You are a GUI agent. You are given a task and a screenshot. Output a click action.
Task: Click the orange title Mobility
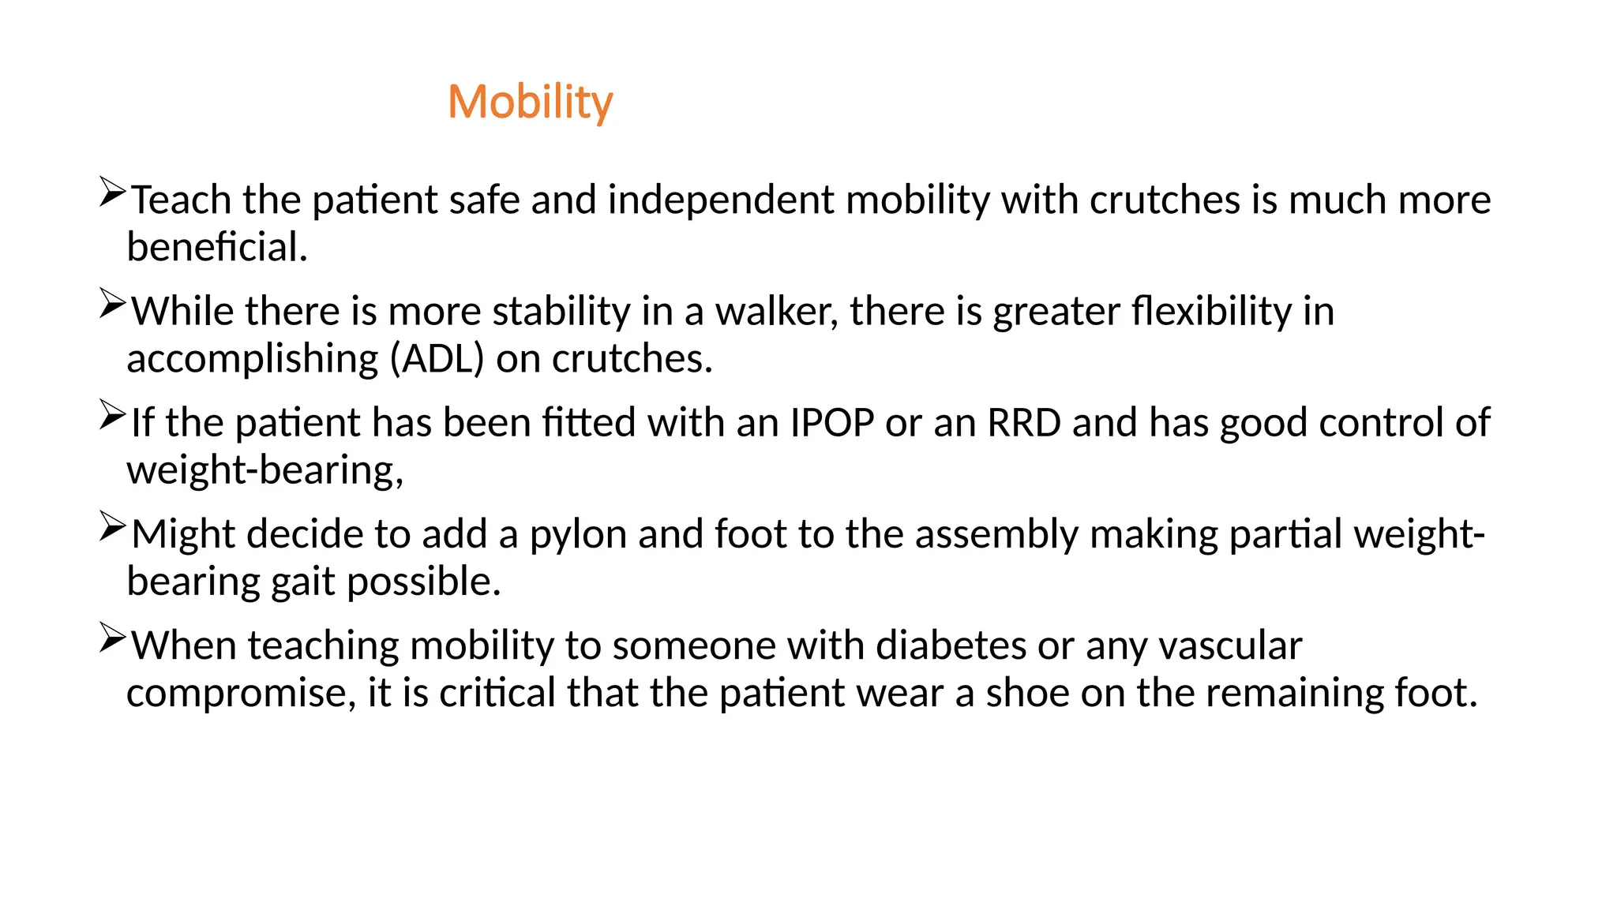pyautogui.click(x=530, y=103)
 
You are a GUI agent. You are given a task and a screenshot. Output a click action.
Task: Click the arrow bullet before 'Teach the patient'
pyautogui.click(x=112, y=193)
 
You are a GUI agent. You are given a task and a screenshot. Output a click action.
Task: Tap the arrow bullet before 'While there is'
pyautogui.click(x=112, y=304)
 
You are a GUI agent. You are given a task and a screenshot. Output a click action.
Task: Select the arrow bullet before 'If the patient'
pyautogui.click(x=112, y=415)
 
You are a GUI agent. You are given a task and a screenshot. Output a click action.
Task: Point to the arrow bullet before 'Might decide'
pyautogui.click(x=112, y=526)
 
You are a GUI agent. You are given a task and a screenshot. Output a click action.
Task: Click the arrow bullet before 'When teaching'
pyautogui.click(x=112, y=638)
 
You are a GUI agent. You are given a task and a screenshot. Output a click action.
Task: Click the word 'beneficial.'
pyautogui.click(x=217, y=248)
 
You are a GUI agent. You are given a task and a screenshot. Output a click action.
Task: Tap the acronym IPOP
pyautogui.click(x=831, y=423)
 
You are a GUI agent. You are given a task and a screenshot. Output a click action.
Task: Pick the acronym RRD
pyautogui.click(x=1024, y=423)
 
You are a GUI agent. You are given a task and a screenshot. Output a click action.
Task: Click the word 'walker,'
pyautogui.click(x=776, y=312)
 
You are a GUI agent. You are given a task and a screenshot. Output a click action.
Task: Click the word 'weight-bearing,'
pyautogui.click(x=265, y=471)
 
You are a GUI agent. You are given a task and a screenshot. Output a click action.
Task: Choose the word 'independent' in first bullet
pyautogui.click(x=720, y=200)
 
